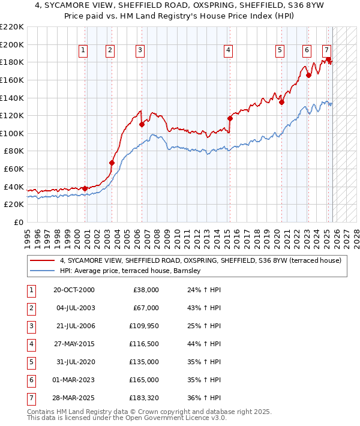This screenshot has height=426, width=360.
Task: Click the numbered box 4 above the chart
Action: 229,50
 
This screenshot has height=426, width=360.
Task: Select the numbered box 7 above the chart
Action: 326,50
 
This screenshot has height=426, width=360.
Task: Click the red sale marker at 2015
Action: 230,118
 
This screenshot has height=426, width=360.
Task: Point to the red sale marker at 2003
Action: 112,163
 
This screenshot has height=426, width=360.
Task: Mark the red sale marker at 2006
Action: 142,125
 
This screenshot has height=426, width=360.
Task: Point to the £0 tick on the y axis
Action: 19,222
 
